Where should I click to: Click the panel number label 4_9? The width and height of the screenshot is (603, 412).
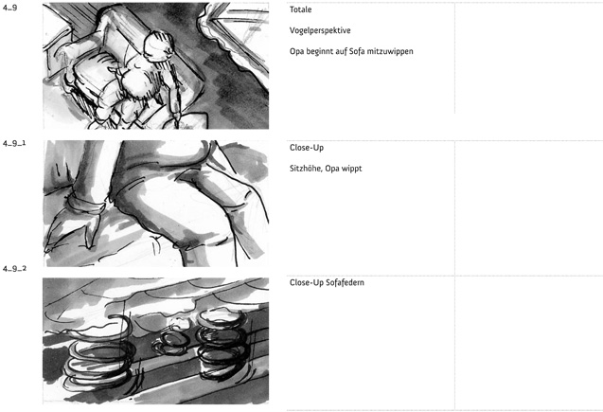click(10, 8)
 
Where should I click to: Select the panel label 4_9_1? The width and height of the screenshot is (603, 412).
click(14, 143)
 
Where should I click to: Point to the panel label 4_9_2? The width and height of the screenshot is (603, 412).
click(14, 269)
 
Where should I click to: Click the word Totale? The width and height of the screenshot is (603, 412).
click(300, 9)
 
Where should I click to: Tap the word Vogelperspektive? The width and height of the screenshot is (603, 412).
click(320, 30)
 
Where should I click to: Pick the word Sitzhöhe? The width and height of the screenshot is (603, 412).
click(306, 169)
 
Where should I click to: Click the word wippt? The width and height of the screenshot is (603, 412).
click(350, 169)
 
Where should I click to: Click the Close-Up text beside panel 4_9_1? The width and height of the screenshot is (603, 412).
click(307, 148)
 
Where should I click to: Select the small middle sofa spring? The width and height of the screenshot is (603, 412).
click(170, 342)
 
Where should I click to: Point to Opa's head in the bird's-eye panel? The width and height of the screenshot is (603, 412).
click(158, 46)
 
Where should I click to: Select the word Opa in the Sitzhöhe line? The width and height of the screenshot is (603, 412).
click(330, 169)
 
